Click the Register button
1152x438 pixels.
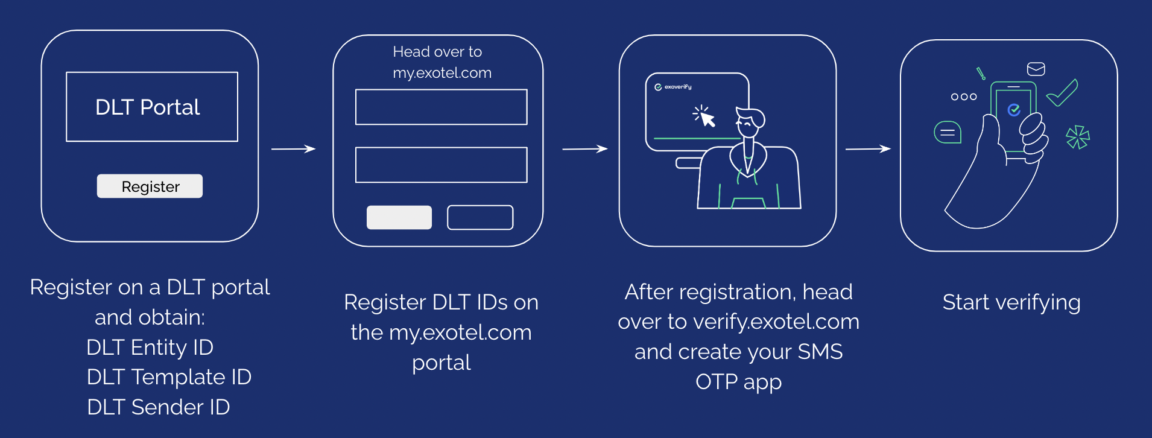tap(150, 186)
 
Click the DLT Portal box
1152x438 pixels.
tap(152, 107)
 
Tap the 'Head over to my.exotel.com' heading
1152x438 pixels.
tap(441, 62)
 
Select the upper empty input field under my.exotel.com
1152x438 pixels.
tap(441, 107)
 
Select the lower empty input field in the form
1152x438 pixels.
tap(441, 165)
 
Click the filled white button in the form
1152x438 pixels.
tap(399, 217)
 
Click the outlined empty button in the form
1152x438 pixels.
tap(480, 217)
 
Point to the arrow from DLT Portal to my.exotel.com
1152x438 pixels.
tap(293, 149)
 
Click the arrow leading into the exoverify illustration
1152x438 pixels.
tap(584, 149)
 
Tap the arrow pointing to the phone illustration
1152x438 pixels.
tap(868, 149)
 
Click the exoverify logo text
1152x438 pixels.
tap(677, 87)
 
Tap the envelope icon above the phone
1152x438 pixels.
tap(1036, 69)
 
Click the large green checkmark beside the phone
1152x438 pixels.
tap(1063, 93)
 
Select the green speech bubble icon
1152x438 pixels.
tap(947, 132)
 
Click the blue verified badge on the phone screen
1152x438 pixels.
tap(1014, 110)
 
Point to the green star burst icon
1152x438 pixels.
tap(1077, 137)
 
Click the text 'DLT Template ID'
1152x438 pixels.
tap(169, 377)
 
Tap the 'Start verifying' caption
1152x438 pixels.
tap(1011, 302)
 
